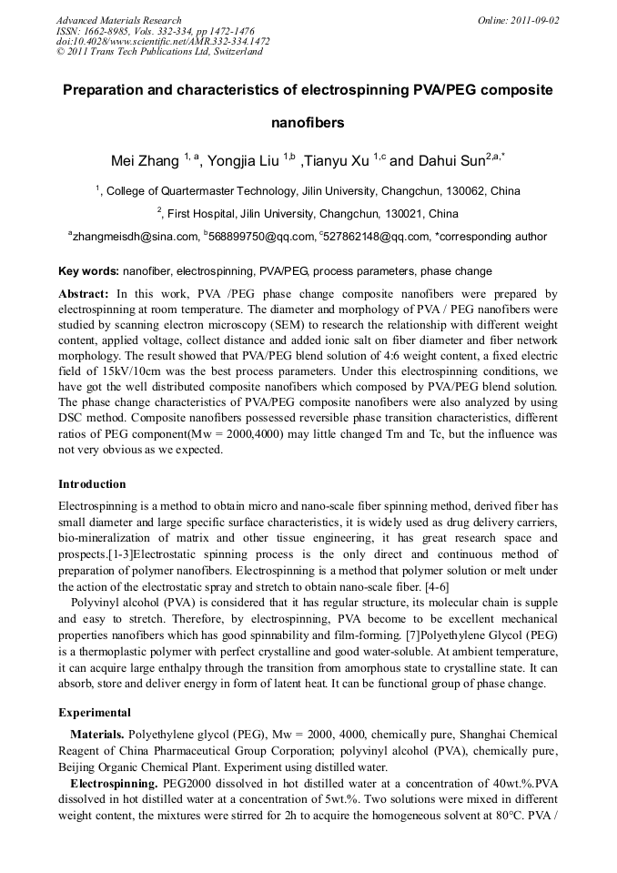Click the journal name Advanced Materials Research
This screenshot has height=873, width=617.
coord(118,19)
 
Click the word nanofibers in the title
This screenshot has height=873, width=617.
coord(308,123)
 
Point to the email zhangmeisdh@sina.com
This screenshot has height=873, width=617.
coord(136,237)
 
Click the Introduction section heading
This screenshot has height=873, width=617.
coord(92,484)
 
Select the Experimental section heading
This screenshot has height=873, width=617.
coord(95,713)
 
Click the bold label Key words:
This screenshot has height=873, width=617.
coord(88,271)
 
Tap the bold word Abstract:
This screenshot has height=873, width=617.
coord(84,294)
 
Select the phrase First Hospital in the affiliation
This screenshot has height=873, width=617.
coord(198,214)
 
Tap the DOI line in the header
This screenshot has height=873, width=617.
coord(163,41)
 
